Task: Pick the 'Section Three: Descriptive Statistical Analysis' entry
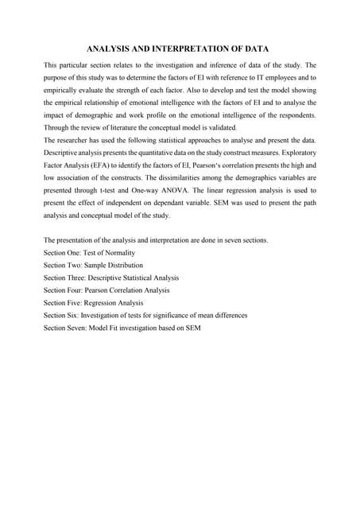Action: (111, 278)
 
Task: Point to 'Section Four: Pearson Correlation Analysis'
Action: (107, 290)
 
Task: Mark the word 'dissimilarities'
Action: (197, 165)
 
